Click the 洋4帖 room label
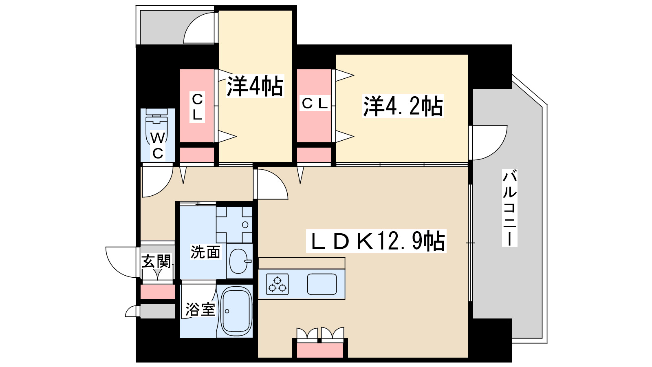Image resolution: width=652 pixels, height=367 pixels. tap(255, 86)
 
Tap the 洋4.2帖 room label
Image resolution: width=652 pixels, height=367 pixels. tap(403, 106)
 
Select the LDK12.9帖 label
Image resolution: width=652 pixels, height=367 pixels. tap(377, 241)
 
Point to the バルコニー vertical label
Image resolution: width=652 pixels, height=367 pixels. tap(509, 208)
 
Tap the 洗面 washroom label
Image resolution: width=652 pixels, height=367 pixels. tap(205, 252)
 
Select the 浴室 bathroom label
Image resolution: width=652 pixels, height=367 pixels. tap(200, 309)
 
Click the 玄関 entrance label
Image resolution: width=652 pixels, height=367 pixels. tap(156, 261)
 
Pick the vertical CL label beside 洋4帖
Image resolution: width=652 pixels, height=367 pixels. tap(197, 107)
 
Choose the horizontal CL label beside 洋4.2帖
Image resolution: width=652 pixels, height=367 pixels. tap(315, 103)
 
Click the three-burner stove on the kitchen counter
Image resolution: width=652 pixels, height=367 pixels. tap(278, 284)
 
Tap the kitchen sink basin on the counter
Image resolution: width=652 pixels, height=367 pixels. tap(322, 284)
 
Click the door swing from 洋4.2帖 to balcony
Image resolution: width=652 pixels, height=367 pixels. tap(488, 143)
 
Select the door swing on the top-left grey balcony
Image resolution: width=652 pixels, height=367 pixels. tap(199, 29)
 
